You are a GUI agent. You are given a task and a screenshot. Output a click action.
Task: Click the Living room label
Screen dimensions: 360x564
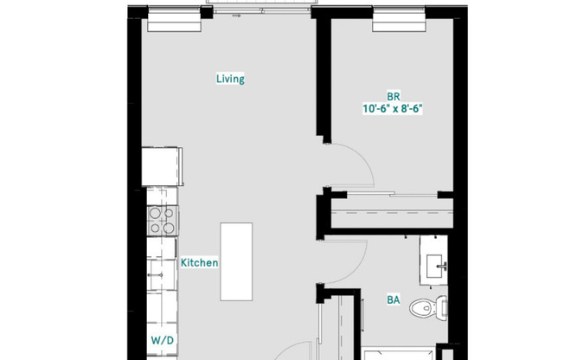tap(230, 80)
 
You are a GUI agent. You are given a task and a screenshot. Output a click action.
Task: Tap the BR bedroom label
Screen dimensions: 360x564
tap(394, 96)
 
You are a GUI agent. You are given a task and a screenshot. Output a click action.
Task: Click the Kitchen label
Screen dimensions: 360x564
tap(199, 262)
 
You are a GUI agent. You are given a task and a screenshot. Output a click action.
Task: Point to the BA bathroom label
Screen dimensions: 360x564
tap(393, 300)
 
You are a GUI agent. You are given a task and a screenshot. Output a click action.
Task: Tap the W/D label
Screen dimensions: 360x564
tap(163, 340)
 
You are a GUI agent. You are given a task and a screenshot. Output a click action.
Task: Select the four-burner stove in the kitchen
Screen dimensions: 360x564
tap(162, 221)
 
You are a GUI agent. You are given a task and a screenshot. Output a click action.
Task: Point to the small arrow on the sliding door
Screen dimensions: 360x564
tap(236, 16)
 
